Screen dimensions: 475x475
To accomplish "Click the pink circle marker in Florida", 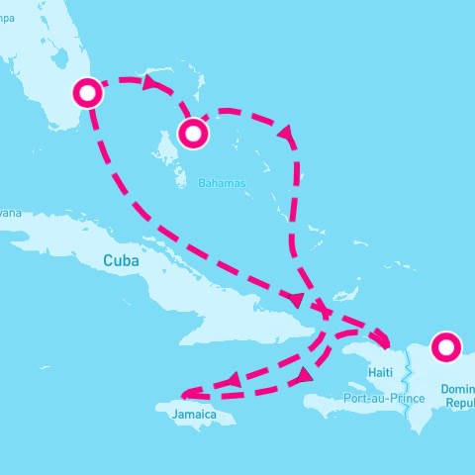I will pyautogui.click(x=89, y=93).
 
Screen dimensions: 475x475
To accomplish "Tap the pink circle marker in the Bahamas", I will pyautogui.click(x=192, y=133).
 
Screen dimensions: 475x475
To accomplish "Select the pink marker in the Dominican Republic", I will pyautogui.click(x=446, y=346).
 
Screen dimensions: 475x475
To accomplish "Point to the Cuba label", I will pyautogui.click(x=118, y=260).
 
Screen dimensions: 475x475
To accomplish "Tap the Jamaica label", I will pyautogui.click(x=194, y=414).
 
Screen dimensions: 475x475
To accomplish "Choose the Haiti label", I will pyautogui.click(x=380, y=372).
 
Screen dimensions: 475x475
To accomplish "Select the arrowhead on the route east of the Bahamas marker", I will pyautogui.click(x=286, y=132).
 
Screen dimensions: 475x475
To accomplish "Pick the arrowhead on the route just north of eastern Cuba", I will pyautogui.click(x=294, y=299).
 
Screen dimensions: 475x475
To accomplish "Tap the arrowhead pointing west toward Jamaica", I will pyautogui.click(x=234, y=381).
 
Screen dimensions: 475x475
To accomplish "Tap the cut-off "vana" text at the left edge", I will pyautogui.click(x=10, y=213).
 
